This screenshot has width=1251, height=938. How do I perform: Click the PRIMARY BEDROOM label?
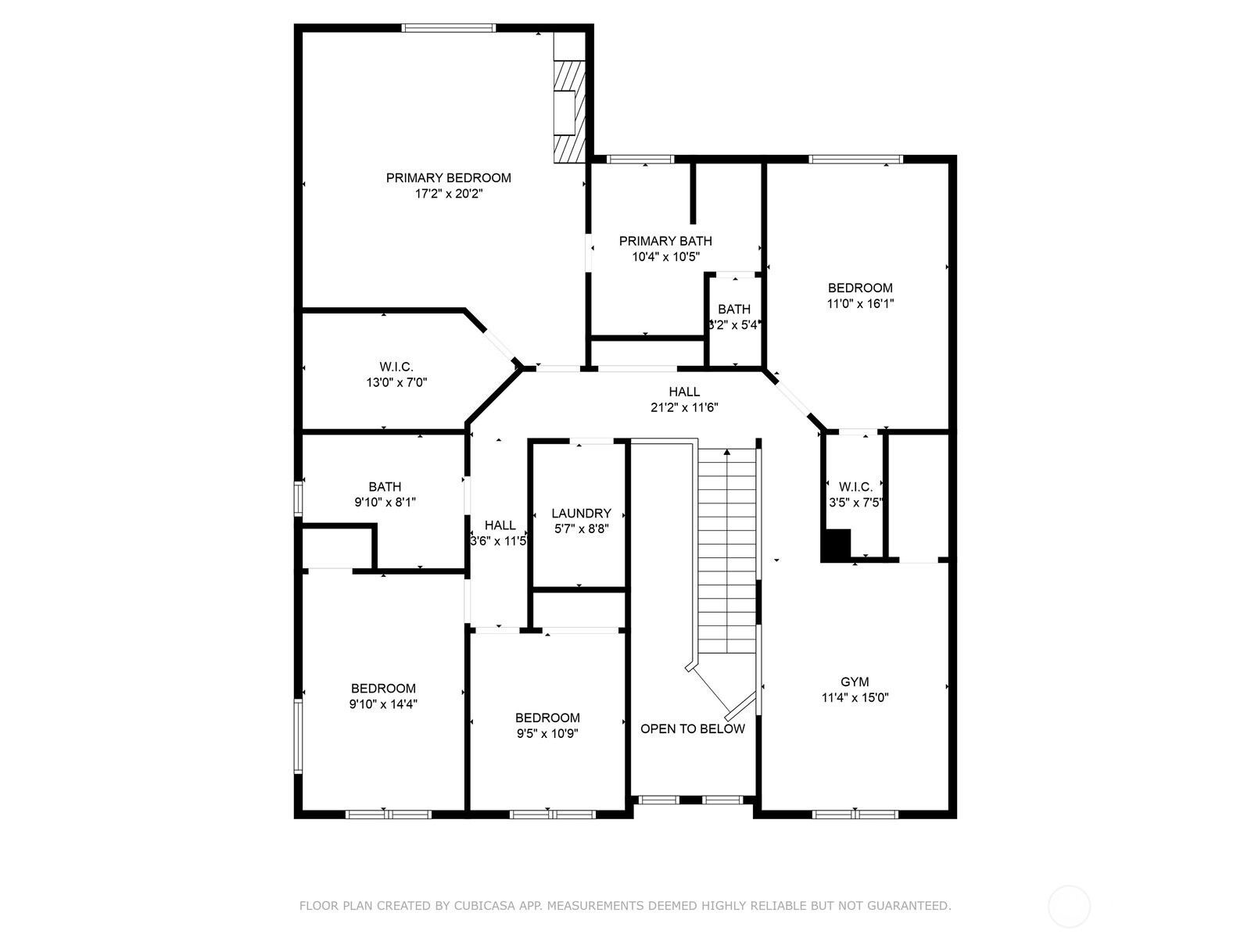coord(449,177)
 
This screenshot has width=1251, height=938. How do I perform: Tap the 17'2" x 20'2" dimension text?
coord(449,194)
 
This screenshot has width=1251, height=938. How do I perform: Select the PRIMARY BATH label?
coord(665,241)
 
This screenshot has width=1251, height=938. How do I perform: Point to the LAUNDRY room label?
coord(582,513)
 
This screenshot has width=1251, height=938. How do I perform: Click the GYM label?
coord(855,682)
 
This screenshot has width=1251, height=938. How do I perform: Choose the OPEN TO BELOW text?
coord(693,729)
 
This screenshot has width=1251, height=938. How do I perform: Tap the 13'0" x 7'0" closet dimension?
coord(396,382)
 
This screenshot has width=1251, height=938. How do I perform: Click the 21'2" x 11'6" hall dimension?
coord(684,407)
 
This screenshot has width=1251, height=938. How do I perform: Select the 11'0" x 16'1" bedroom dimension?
coord(860,303)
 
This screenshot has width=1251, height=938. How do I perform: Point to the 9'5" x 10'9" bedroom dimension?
coord(547,733)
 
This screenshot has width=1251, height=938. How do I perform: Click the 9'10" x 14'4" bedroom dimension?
coord(383,704)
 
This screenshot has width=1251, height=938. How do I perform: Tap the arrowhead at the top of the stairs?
coord(726,453)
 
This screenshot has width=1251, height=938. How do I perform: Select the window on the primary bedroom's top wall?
coord(448,28)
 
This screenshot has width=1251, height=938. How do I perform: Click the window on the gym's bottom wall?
coord(855,814)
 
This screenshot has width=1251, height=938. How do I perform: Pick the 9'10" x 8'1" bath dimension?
coord(385,503)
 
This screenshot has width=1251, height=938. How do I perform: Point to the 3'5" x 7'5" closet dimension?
coord(855,503)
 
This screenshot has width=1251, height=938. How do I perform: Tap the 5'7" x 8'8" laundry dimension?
coord(582,528)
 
